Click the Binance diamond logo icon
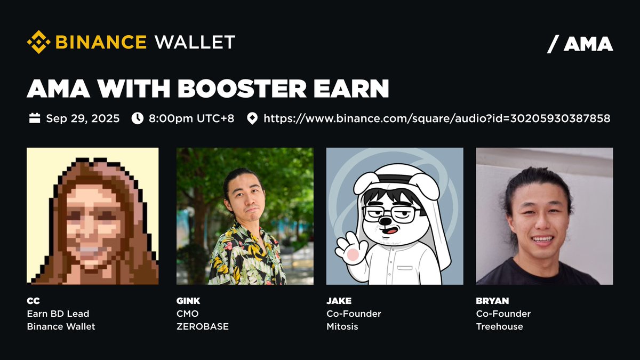click(x=39, y=42)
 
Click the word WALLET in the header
click(x=195, y=42)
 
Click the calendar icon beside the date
click(x=35, y=118)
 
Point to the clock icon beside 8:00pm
click(x=137, y=118)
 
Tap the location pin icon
click(x=252, y=118)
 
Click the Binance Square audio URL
click(x=437, y=118)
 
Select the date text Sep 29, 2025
click(x=83, y=118)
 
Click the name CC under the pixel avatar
click(x=33, y=301)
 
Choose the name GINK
click(x=188, y=301)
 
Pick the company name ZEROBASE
click(x=202, y=326)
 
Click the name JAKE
click(x=339, y=301)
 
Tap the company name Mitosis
click(x=342, y=326)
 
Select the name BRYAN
click(x=493, y=301)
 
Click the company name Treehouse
click(x=499, y=326)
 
